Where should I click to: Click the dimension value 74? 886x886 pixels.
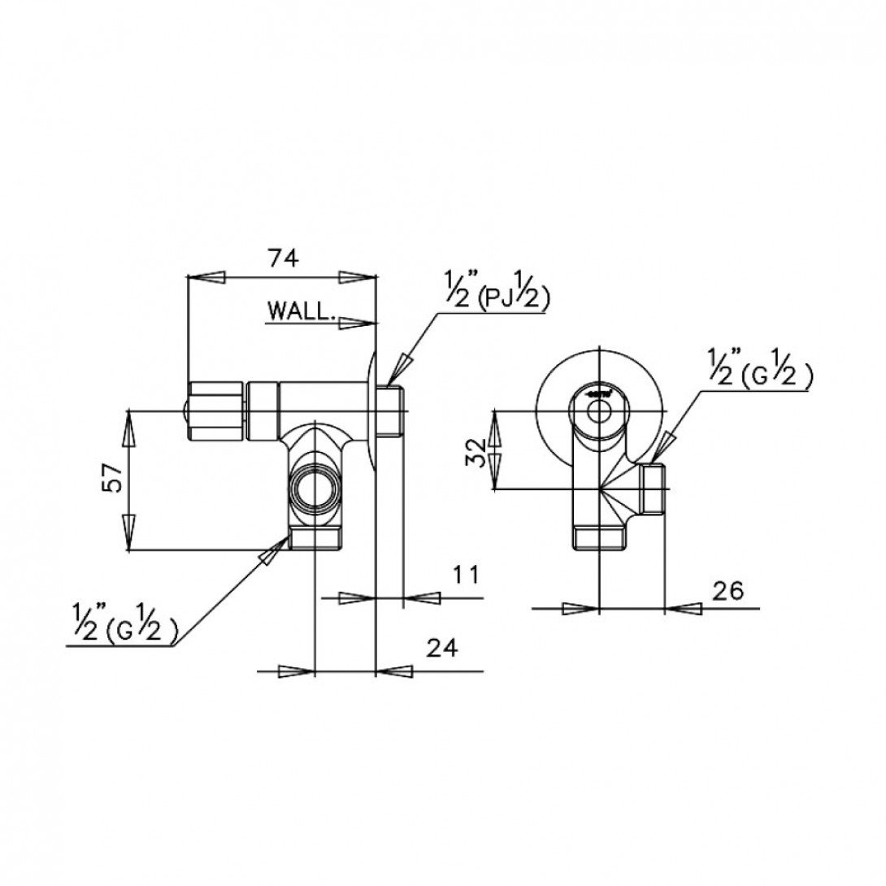coord(283,258)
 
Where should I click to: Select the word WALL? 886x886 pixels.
coord(298,310)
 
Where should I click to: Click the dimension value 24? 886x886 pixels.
coord(441,648)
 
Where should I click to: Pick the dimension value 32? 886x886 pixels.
coord(479,450)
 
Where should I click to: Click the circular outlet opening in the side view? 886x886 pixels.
coord(313,489)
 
